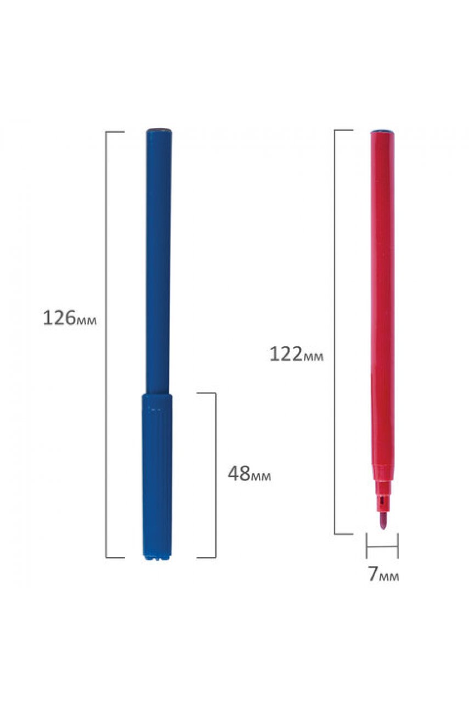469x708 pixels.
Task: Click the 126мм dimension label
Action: click(x=70, y=318)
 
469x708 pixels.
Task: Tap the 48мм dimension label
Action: click(x=249, y=474)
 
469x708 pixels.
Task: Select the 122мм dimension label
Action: click(x=296, y=354)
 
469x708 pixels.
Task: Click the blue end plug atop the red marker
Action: click(x=382, y=131)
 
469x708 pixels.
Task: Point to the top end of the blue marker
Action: click(x=159, y=130)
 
